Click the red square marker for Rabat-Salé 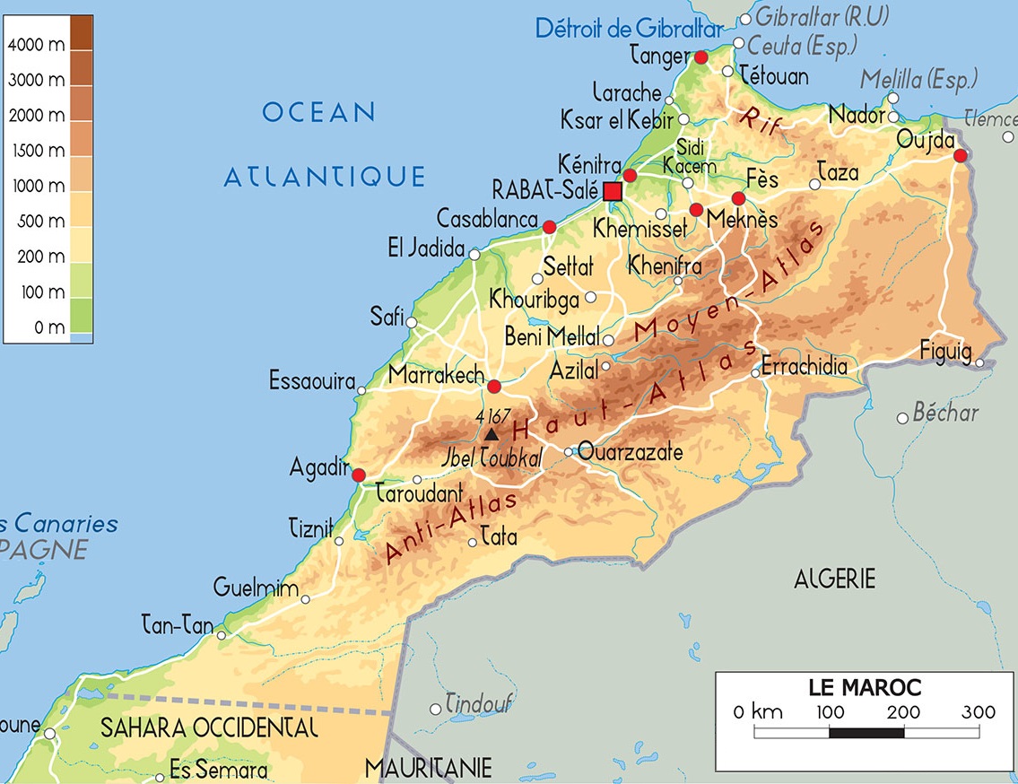(613, 191)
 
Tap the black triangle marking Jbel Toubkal (491, 435)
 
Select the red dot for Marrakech (494, 387)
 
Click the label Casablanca (487, 218)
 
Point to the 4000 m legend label (37, 45)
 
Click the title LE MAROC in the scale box (864, 688)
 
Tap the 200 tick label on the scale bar (904, 712)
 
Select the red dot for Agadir (359, 475)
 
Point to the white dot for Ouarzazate (569, 452)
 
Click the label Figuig (945, 351)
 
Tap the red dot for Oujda (961, 156)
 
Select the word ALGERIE (834, 579)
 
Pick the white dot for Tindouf (436, 709)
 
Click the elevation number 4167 (493, 416)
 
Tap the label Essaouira (312, 381)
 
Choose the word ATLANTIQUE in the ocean (324, 177)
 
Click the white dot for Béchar (903, 418)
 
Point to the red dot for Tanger (700, 57)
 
